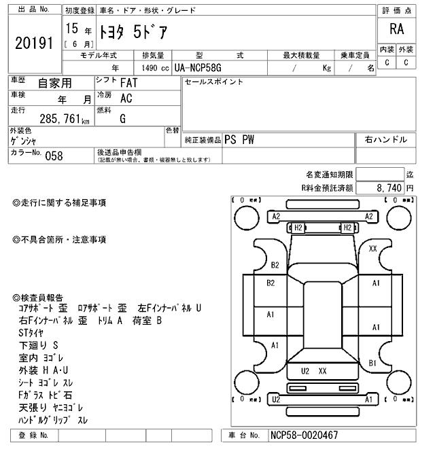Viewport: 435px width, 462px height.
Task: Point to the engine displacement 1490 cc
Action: (x=154, y=68)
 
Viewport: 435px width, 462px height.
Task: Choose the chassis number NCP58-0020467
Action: (x=304, y=435)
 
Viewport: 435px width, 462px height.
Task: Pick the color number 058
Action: (x=54, y=155)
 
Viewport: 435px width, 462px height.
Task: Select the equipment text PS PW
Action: (x=240, y=139)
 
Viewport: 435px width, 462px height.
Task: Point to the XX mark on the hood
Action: (x=372, y=249)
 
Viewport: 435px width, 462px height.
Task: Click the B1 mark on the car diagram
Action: (x=372, y=363)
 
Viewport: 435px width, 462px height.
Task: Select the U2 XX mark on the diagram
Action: (x=314, y=371)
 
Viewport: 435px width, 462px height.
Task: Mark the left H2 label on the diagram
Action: (x=297, y=227)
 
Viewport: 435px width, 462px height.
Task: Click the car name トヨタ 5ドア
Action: (x=132, y=32)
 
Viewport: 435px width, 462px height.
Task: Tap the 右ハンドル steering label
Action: (x=386, y=139)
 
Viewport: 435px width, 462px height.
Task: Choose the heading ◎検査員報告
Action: (x=38, y=298)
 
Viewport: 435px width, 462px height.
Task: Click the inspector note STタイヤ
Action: (x=31, y=333)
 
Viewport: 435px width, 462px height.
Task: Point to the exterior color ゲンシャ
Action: (x=24, y=141)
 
